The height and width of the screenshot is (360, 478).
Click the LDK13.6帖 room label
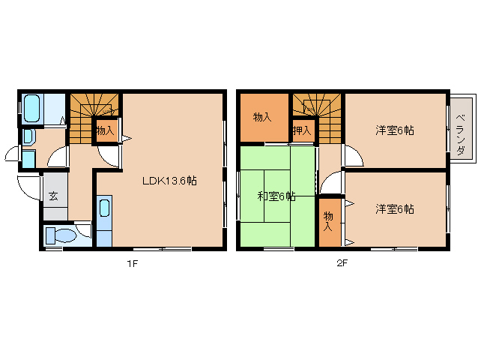(x=170, y=180)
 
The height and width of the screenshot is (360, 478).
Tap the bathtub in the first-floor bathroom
(x=31, y=109)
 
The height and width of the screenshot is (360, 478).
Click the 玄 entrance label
(x=54, y=196)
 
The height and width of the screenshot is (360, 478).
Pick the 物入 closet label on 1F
(x=105, y=130)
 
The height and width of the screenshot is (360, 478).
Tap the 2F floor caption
(x=342, y=262)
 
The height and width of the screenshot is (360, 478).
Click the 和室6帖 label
(x=276, y=196)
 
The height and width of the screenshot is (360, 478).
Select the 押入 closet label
(x=302, y=130)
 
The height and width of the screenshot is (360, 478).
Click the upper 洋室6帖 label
(x=395, y=130)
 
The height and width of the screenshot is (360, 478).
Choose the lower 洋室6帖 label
(x=395, y=209)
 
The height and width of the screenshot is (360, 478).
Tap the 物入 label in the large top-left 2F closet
(x=262, y=117)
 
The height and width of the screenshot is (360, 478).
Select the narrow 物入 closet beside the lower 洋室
(x=328, y=221)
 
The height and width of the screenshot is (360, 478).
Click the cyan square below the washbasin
(x=28, y=159)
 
